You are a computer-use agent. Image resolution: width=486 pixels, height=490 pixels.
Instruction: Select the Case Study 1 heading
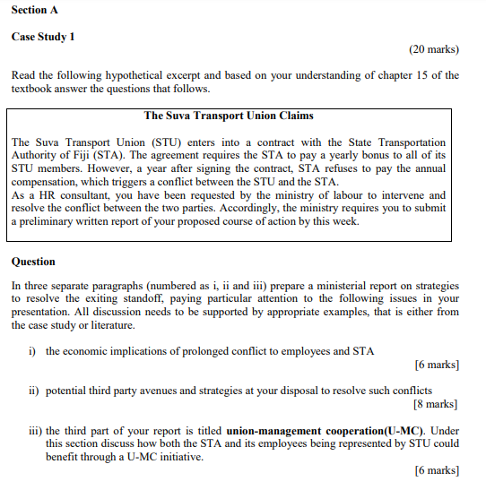[43, 37]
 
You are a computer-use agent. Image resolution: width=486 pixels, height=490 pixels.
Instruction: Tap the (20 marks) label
[433, 50]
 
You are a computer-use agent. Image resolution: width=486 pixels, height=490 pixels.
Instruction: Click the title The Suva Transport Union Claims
[229, 116]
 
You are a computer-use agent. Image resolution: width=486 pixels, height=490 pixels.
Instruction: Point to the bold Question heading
[33, 262]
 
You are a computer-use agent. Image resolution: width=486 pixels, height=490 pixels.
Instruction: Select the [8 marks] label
[437, 404]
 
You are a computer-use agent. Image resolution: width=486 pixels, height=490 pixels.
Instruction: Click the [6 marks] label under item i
[437, 365]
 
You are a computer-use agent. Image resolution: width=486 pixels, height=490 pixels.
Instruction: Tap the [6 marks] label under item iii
[437, 470]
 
